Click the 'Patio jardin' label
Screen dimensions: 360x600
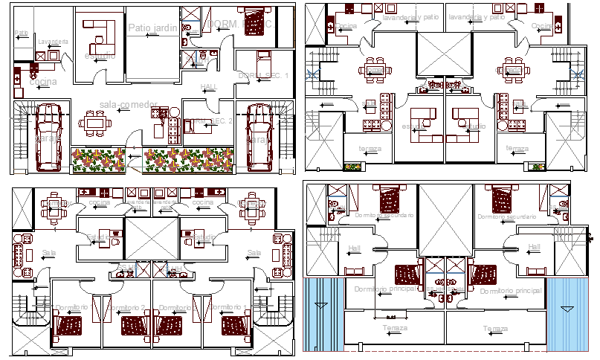[x=152, y=28]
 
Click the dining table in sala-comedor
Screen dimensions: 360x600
[x=94, y=120]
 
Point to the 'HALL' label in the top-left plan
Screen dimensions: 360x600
[x=209, y=88]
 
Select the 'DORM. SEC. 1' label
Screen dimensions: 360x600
[x=257, y=76]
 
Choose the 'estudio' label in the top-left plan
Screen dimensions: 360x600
[x=99, y=56]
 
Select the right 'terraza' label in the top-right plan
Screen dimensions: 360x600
[x=516, y=148]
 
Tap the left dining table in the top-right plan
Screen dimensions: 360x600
[x=374, y=71]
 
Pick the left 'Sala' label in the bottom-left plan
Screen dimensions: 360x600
[x=50, y=253]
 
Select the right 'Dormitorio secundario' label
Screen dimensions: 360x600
[x=506, y=216]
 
